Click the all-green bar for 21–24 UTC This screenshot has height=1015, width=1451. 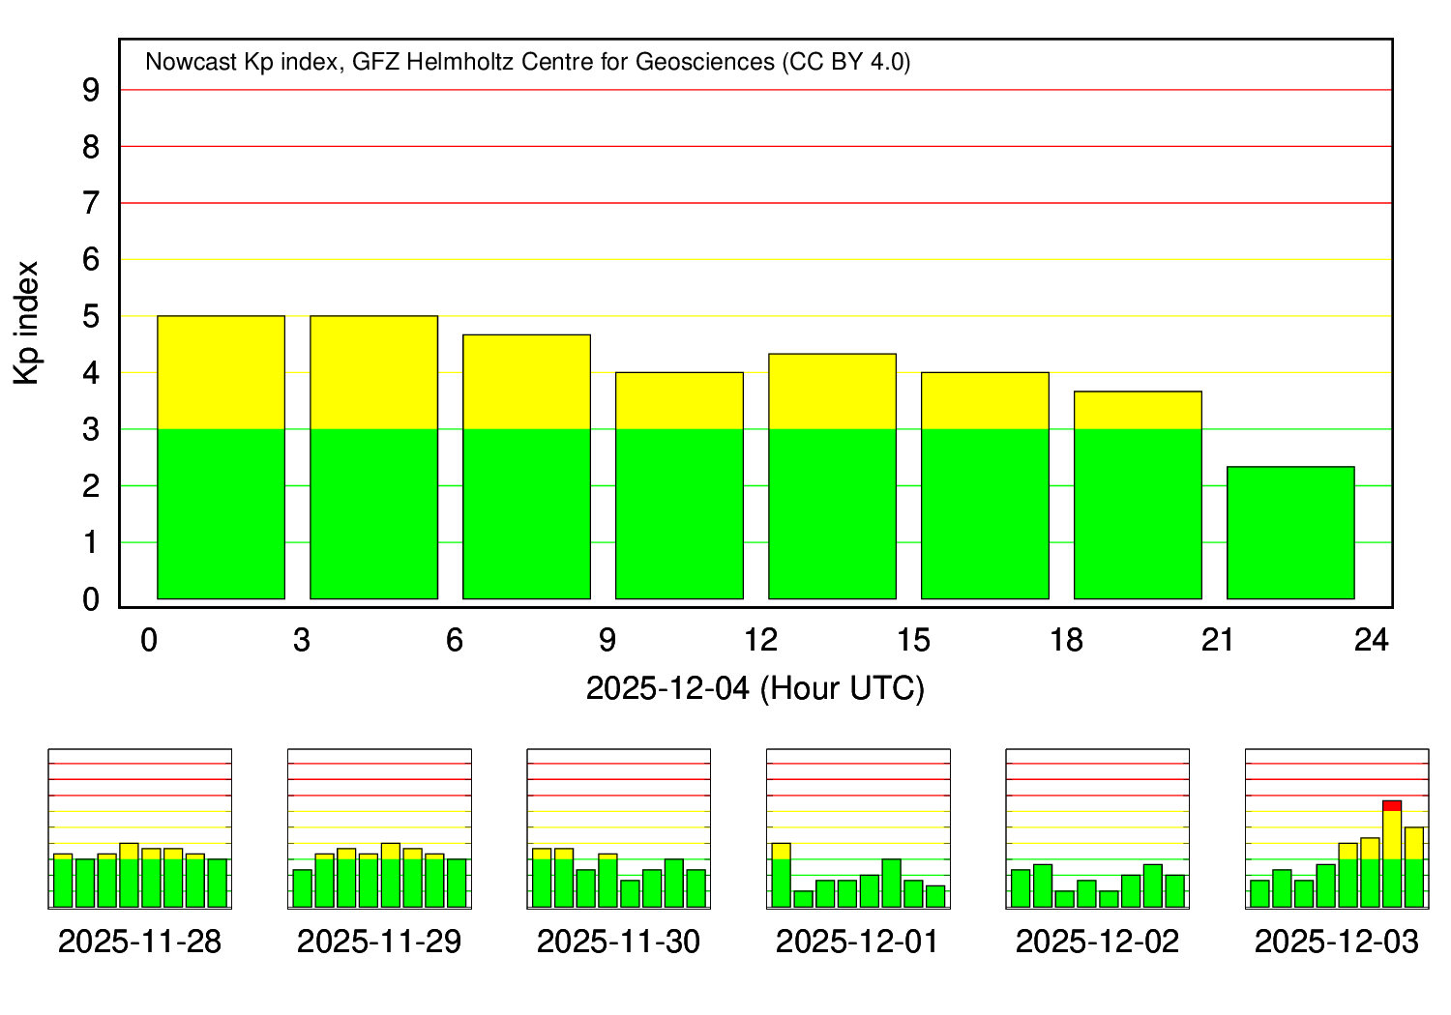1290,533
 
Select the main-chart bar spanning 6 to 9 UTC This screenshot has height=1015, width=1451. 526,467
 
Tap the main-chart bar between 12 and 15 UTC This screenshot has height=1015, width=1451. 832,477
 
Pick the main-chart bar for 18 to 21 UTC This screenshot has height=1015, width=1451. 1138,495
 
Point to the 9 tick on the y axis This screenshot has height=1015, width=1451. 91,91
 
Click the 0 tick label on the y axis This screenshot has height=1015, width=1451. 91,600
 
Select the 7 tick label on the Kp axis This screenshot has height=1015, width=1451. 91,204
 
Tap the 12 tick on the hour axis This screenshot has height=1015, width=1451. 760,640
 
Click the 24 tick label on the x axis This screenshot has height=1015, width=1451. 1372,640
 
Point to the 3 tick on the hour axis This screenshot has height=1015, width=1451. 302,640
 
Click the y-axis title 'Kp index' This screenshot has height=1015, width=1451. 27,323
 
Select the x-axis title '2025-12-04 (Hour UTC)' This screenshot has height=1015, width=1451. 755,689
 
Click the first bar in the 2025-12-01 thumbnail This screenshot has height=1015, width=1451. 781,875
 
